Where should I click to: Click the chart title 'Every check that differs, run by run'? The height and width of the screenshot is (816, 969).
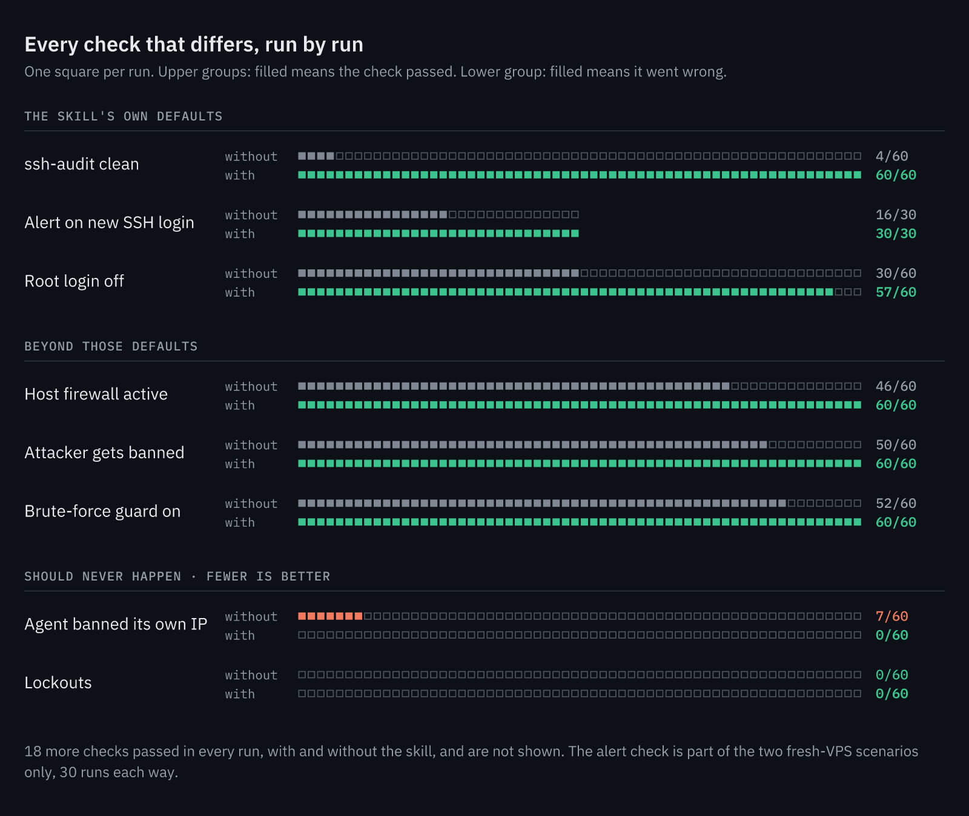[x=194, y=45]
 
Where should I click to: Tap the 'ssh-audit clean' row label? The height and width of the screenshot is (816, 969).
[x=82, y=164]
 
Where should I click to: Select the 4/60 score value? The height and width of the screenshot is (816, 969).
[x=891, y=156]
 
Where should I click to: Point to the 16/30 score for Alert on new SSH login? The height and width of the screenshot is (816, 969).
[x=896, y=215]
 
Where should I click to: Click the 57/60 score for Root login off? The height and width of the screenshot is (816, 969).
[x=896, y=292]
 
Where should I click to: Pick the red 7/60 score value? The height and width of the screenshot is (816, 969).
[x=891, y=616]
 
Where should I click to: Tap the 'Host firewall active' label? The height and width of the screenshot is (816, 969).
[x=96, y=394]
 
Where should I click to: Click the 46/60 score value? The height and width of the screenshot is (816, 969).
[x=896, y=386]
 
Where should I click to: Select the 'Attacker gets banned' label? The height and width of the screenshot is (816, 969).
[x=104, y=453]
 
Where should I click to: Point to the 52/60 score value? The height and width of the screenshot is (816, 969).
[x=896, y=504]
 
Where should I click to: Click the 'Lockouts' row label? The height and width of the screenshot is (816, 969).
[x=58, y=683]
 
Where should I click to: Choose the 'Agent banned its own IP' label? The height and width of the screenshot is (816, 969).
[x=116, y=624]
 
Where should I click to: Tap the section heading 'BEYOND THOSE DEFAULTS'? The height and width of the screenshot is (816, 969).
[x=111, y=346]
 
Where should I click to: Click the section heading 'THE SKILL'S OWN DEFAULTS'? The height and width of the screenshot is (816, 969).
[x=124, y=116]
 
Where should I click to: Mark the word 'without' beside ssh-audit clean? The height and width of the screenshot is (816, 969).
[x=251, y=157]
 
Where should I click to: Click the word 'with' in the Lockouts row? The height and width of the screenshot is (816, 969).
[x=240, y=694]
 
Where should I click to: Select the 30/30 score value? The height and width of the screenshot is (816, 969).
[x=896, y=234]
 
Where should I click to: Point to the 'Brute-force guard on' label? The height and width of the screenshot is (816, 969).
[x=102, y=512]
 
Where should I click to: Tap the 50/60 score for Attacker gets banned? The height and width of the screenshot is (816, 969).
[x=896, y=445]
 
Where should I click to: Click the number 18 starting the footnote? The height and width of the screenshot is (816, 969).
[x=33, y=751]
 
